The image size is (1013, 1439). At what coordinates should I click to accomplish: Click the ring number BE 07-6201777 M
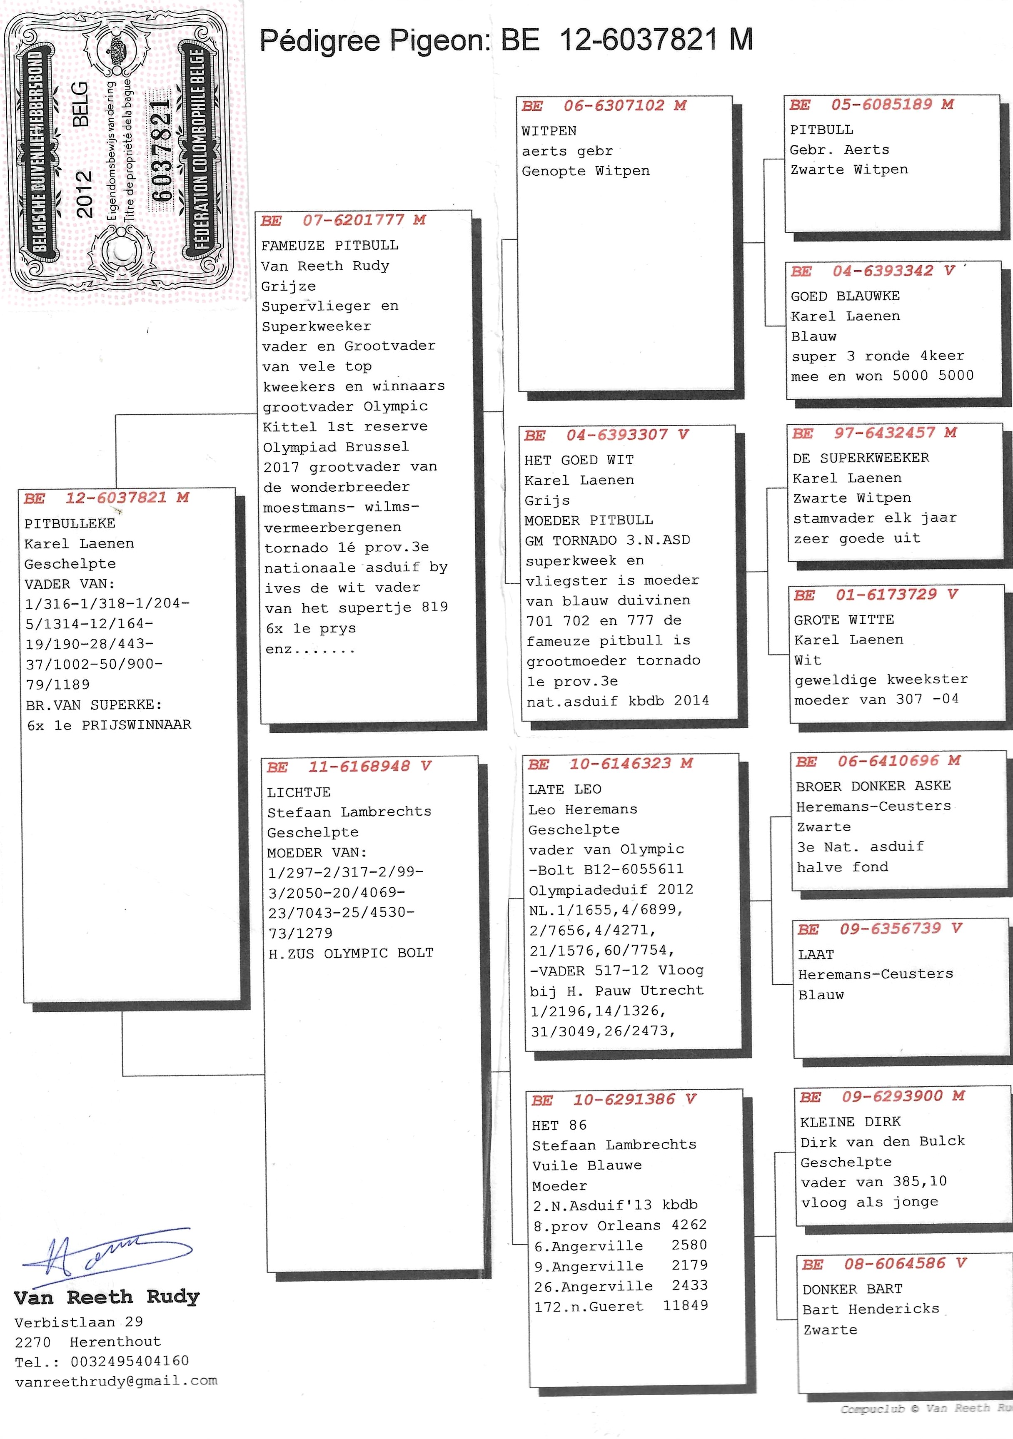(343, 220)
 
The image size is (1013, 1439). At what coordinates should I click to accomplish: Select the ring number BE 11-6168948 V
(349, 767)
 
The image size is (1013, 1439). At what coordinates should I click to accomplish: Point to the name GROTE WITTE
(844, 620)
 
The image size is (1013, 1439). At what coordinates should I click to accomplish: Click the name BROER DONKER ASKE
(873, 786)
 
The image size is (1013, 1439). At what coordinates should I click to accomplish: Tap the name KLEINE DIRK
(850, 1122)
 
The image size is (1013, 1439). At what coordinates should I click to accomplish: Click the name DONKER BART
(852, 1289)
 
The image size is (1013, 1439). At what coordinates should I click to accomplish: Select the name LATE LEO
(564, 789)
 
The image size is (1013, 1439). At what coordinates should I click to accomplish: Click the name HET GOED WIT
(579, 460)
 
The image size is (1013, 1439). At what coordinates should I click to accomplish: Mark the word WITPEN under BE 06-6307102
(549, 131)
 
